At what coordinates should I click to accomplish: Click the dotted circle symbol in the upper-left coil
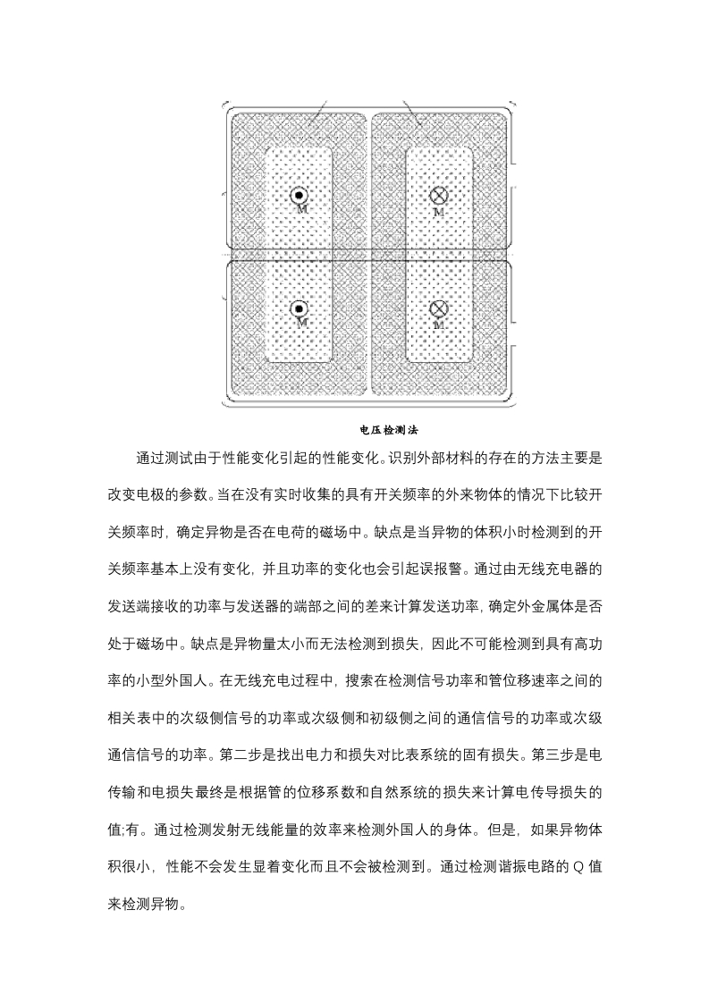[299, 197]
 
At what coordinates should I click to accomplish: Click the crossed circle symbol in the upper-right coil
[438, 197]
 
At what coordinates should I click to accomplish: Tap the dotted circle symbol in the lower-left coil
[299, 309]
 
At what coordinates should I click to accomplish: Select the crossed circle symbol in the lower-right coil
[438, 309]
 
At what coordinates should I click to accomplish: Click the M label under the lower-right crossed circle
[438, 325]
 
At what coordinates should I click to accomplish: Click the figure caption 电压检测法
[389, 430]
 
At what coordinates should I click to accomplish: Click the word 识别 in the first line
[404, 458]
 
